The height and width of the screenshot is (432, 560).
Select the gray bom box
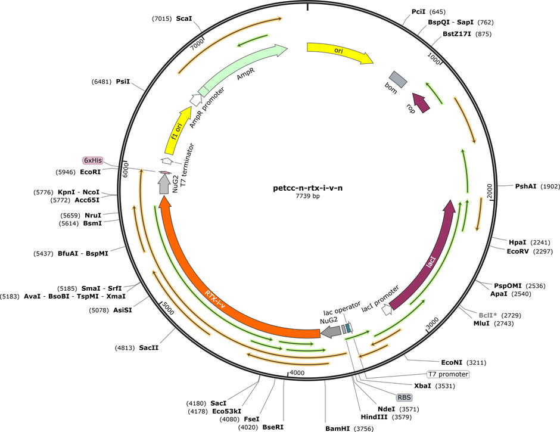(x=398, y=79)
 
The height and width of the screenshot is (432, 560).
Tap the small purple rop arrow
(x=421, y=102)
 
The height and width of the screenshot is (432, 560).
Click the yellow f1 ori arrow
(x=178, y=130)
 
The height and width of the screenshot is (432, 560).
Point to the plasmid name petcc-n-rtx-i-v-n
(x=307, y=188)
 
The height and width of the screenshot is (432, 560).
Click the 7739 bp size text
(x=307, y=196)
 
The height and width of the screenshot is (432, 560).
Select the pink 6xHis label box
(x=93, y=160)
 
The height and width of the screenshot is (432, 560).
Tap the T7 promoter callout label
(x=448, y=374)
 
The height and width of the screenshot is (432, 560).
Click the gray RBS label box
(x=405, y=397)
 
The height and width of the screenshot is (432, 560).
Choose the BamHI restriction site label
(x=338, y=428)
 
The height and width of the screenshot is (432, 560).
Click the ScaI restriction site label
(x=184, y=18)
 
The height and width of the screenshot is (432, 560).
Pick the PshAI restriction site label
(x=525, y=186)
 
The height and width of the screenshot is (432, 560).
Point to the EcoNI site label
(x=452, y=362)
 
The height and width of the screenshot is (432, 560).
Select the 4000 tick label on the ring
(x=297, y=373)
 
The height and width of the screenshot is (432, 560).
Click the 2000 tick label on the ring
(x=490, y=191)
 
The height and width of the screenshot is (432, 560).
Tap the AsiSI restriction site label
(x=123, y=310)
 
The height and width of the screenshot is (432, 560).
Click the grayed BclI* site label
(x=488, y=315)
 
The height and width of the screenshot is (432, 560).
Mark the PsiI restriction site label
(x=123, y=82)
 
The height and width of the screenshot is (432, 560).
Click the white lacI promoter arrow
(x=387, y=310)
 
